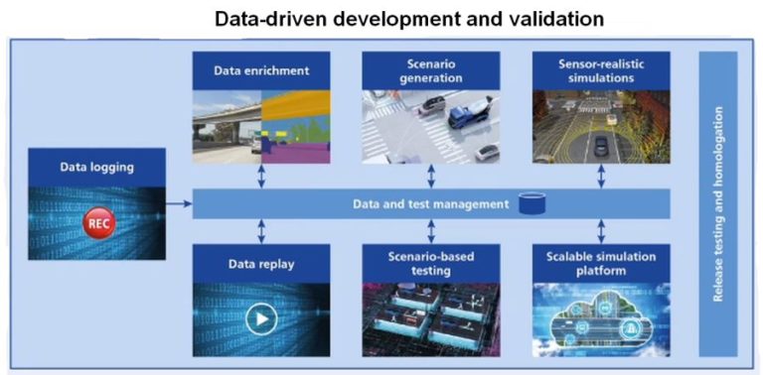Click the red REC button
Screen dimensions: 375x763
99,222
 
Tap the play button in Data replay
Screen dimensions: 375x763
260,319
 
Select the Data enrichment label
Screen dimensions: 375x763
261,71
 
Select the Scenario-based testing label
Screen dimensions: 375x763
430,264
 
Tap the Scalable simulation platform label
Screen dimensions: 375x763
600,264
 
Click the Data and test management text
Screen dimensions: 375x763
429,203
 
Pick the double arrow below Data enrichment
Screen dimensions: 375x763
260,177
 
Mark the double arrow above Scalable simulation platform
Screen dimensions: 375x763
601,232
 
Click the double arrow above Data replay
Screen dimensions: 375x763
260,232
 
